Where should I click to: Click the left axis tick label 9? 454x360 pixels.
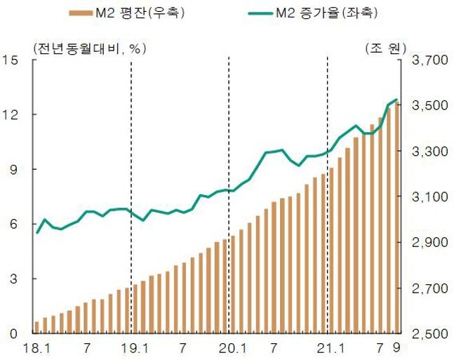coord(14,169)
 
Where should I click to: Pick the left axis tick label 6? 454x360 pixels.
coord(14,224)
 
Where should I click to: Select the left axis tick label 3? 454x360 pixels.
coord(14,279)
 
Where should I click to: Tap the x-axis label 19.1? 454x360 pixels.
coord(132,347)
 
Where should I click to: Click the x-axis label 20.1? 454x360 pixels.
coord(229,347)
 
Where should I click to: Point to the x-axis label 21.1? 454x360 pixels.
coord(328,347)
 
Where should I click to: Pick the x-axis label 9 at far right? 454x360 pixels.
coord(397,347)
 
